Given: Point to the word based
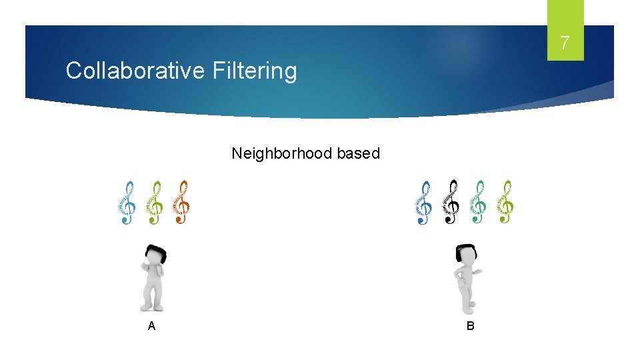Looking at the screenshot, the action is point(358,153).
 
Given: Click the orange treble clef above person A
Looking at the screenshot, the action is point(181,202).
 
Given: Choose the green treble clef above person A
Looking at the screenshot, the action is point(154,202).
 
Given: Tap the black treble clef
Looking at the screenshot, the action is point(451,202).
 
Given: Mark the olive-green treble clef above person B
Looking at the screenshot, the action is point(505,202).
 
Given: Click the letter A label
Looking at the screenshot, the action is point(152,326).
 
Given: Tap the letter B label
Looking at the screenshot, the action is point(470,326).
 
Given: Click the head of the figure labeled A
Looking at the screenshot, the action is point(155,255).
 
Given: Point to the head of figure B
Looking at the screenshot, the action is point(467,254).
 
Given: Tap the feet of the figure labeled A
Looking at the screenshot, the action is point(151,307).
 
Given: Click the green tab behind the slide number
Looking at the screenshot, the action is point(565,17).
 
